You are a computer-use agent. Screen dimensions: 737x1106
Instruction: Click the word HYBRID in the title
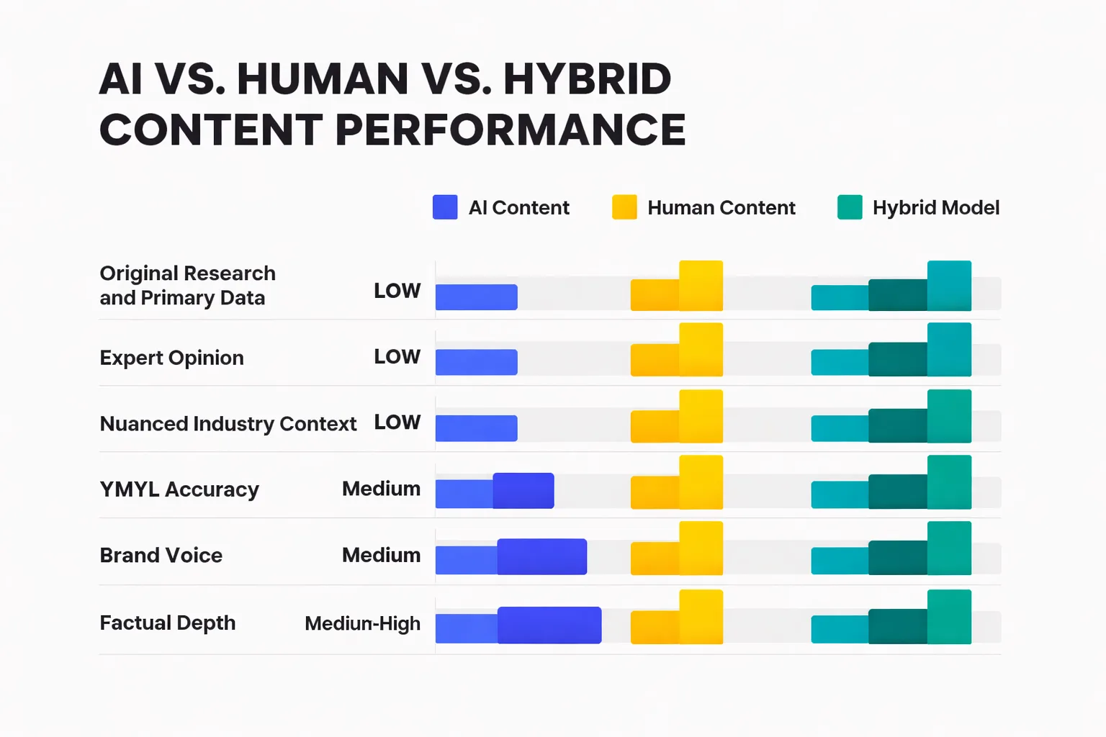click(587, 79)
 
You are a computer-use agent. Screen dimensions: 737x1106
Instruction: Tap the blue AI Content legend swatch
click(445, 207)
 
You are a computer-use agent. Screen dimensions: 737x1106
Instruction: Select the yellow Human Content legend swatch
click(624, 207)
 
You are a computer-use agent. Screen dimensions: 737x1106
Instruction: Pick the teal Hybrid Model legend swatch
click(850, 207)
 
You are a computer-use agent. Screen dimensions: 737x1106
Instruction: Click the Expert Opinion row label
click(171, 358)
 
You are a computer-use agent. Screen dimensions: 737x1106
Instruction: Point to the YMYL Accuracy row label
click(179, 489)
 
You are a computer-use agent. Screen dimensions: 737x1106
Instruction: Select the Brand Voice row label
click(161, 556)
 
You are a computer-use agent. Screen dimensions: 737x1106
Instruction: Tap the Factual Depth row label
click(168, 623)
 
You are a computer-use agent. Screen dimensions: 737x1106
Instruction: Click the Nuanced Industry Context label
click(228, 424)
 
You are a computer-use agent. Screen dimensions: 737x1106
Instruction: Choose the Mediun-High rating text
click(362, 623)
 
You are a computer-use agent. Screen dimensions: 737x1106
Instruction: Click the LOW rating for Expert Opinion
click(397, 357)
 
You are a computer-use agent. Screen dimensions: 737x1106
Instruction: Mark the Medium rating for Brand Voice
click(381, 556)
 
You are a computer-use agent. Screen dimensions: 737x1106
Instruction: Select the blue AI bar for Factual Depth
click(549, 625)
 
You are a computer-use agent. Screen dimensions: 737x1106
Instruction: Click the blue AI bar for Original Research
click(476, 297)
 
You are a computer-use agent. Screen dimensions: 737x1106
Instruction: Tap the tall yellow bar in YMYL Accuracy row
click(701, 482)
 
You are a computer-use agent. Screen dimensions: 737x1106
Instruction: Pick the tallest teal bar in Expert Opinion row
click(949, 350)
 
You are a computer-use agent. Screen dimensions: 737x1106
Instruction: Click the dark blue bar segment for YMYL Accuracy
click(523, 491)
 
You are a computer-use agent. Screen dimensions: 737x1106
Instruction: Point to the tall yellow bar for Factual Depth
click(701, 617)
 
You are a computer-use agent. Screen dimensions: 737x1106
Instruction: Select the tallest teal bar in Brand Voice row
click(949, 548)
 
